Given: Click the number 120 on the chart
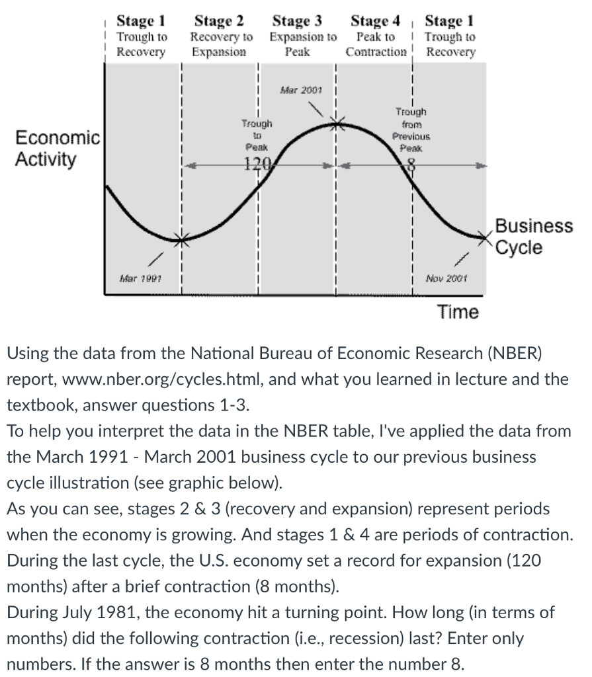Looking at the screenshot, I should [253, 166].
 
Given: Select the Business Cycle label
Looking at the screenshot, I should [525, 237].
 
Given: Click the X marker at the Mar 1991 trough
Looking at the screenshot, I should [183, 239].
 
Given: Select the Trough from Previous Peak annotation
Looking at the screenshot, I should [411, 130].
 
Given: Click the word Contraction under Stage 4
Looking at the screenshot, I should [375, 52].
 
